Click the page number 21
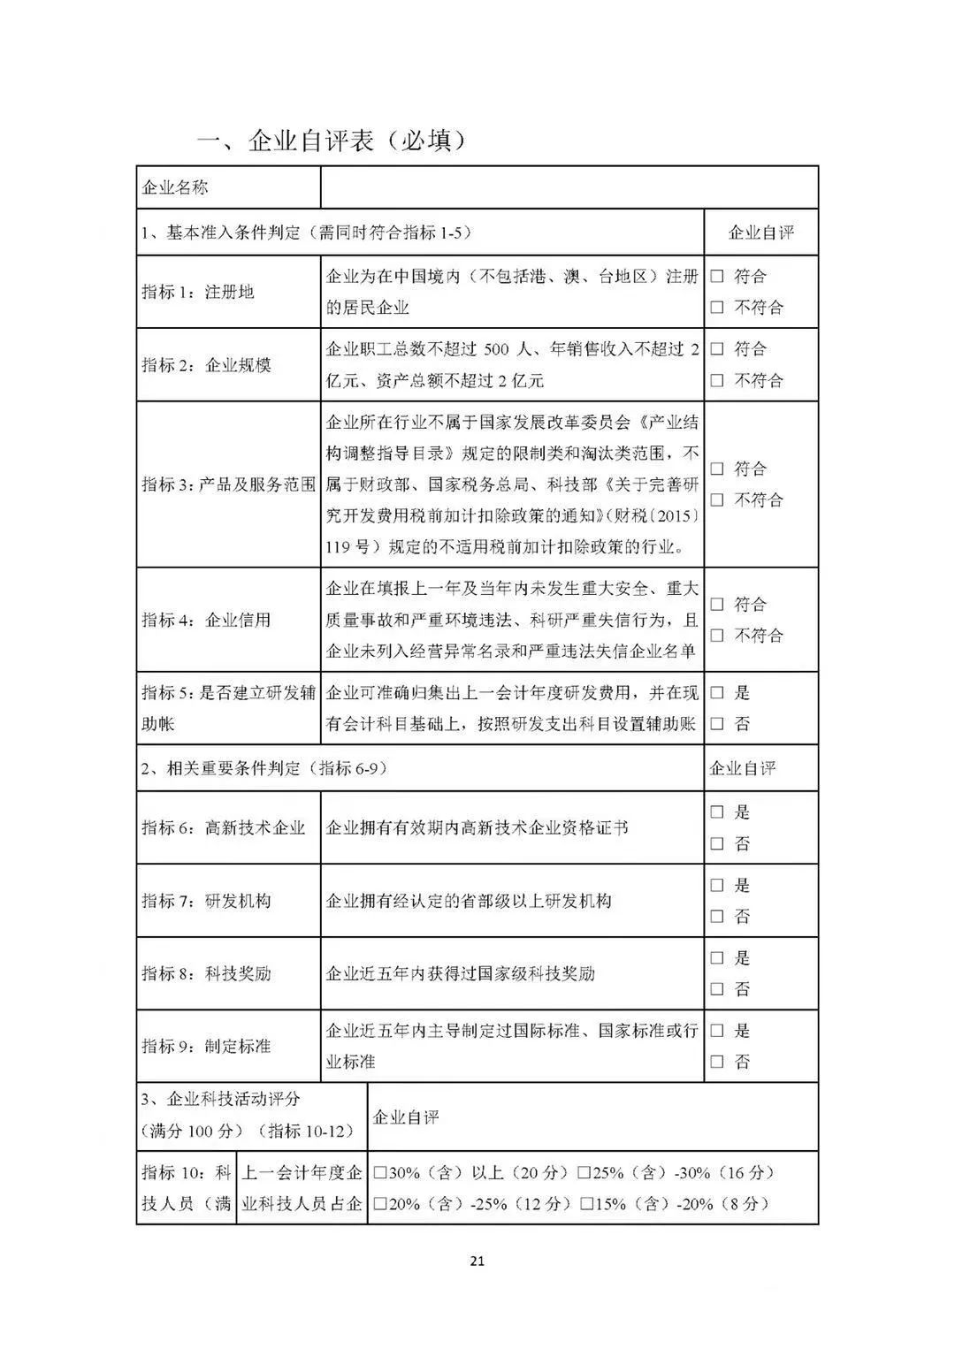[477, 1261]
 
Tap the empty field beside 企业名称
[569, 187]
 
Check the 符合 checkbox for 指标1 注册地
[717, 277]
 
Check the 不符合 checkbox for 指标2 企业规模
[717, 381]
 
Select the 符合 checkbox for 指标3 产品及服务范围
[717, 469]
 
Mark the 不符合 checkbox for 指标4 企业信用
[717, 636]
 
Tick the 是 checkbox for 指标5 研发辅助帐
[717, 693]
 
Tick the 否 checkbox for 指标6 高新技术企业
[717, 844]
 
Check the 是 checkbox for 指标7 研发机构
[717, 886]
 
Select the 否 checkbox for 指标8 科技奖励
[717, 989]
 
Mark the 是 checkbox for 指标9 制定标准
[717, 1031]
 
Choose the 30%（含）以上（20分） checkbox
[380, 1174]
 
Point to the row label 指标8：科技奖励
[206, 973]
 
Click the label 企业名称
[175, 187]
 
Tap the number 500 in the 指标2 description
[497, 350]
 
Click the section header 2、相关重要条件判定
[264, 768]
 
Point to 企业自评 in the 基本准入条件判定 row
[760, 232]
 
